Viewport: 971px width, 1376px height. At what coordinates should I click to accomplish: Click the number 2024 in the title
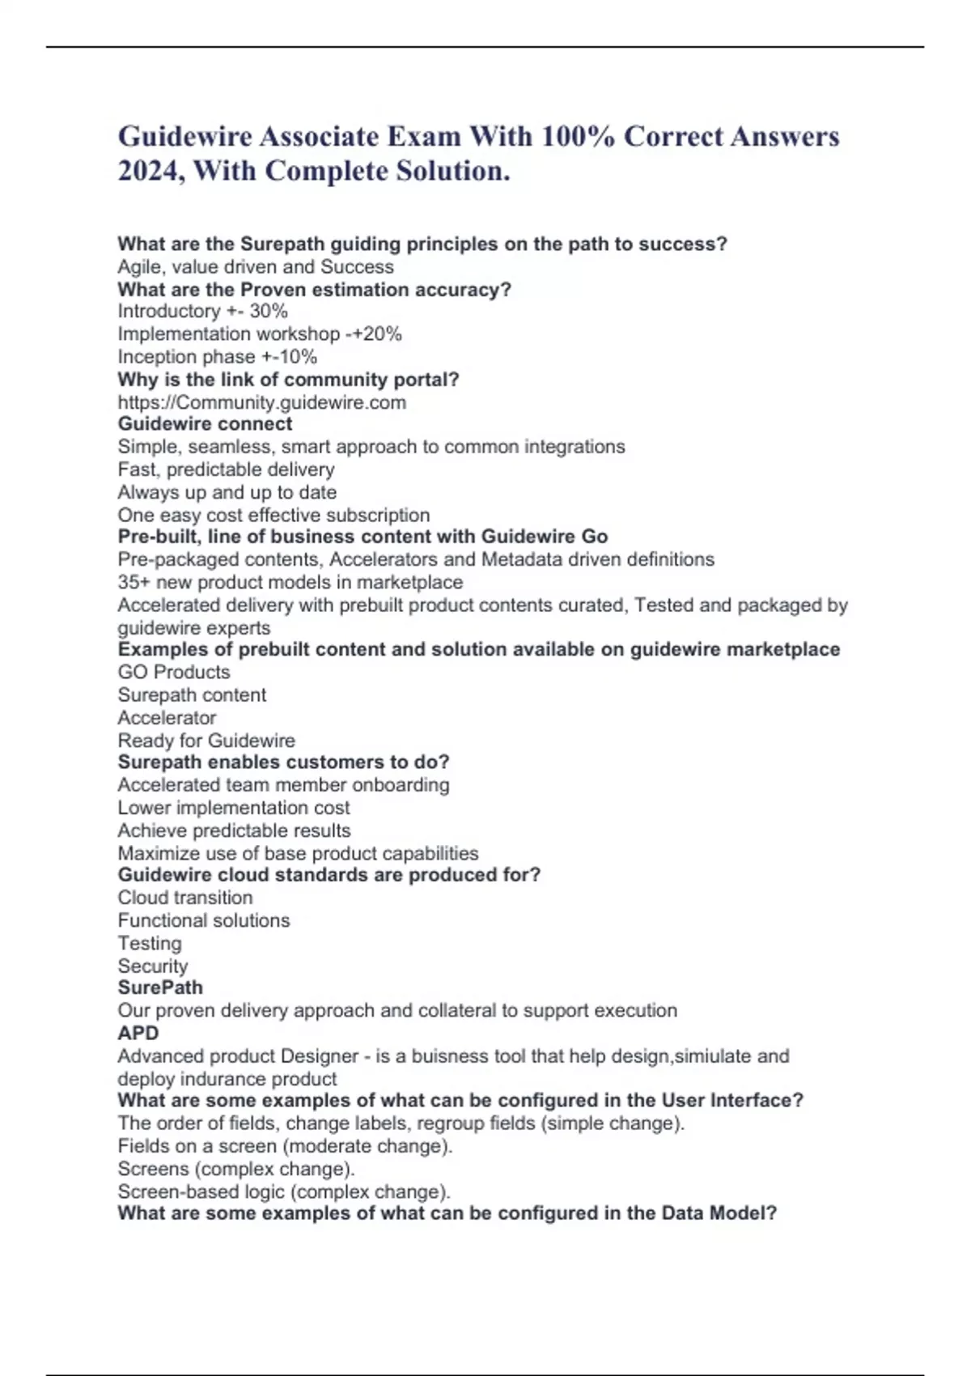[146, 171]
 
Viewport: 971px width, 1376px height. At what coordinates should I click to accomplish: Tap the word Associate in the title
[319, 136]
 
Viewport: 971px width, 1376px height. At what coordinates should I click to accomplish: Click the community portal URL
[261, 402]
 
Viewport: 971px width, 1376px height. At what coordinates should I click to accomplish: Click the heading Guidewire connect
[205, 424]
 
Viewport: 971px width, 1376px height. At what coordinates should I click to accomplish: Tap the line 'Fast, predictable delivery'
[226, 469]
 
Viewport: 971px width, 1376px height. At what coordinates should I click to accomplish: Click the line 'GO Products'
[173, 672]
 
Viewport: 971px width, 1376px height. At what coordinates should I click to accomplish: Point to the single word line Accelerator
[167, 717]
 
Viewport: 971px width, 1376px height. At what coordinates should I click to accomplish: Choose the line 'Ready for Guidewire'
[206, 740]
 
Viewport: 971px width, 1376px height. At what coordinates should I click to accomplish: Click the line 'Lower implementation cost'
[233, 808]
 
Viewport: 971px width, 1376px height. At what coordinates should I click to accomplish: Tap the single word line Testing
[150, 943]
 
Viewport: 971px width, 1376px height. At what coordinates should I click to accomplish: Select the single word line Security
[152, 966]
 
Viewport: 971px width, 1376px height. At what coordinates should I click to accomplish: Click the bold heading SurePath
[160, 987]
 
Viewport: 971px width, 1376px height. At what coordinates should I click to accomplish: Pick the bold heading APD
[138, 1033]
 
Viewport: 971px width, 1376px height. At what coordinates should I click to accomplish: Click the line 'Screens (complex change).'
[235, 1169]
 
